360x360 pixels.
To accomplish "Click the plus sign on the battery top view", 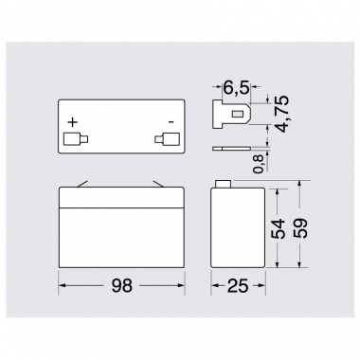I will click(73, 121).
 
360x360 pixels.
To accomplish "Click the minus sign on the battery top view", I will click(171, 121).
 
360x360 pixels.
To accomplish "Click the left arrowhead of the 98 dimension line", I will click(63, 282).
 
